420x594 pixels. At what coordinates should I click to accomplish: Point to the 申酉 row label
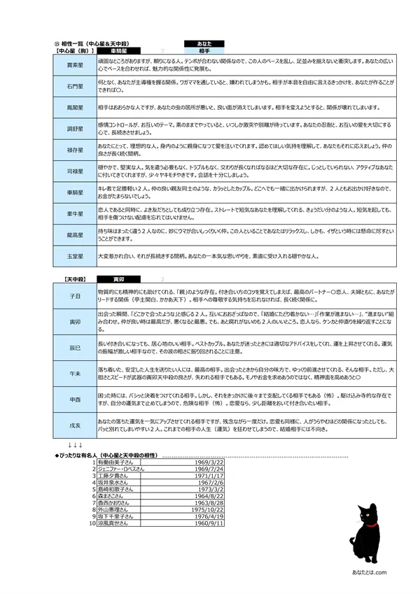coord(75,399)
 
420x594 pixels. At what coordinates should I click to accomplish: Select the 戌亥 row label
coord(75,425)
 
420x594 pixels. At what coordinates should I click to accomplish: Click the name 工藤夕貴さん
coord(113,476)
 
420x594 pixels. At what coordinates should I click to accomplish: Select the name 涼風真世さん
coord(113,523)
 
